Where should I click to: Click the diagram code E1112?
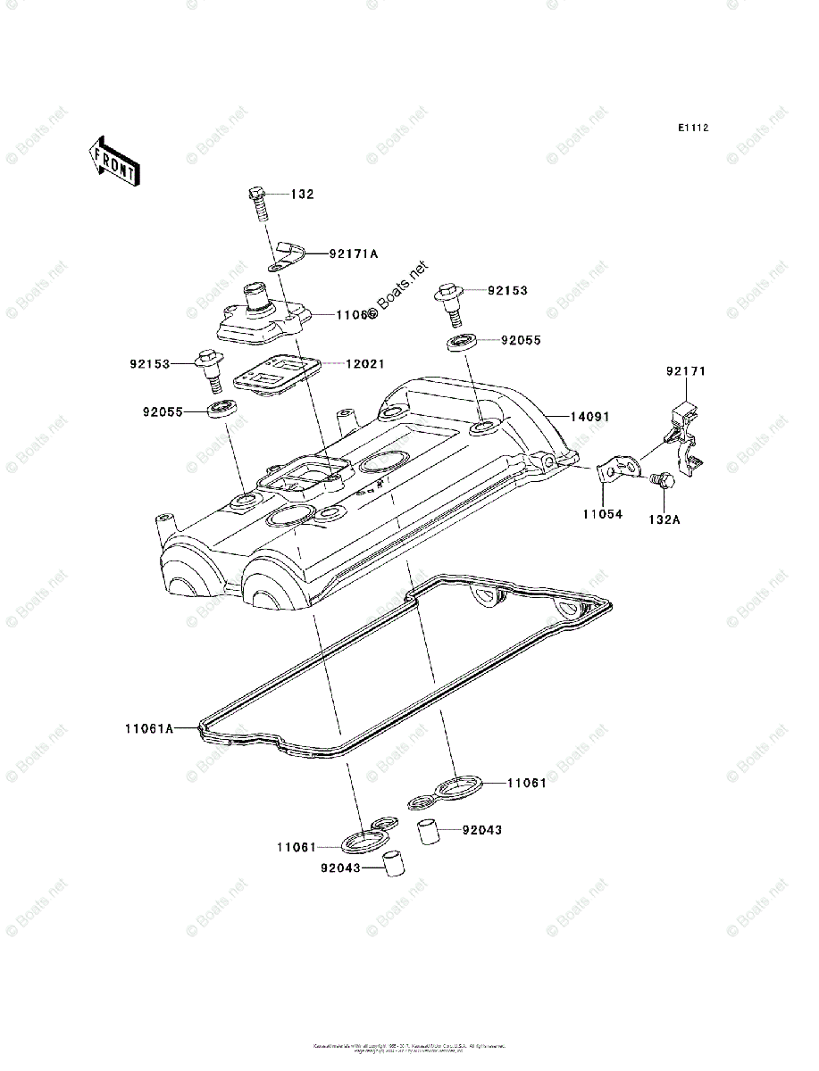[x=692, y=129]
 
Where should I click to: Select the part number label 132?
[x=303, y=194]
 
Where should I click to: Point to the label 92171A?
[x=353, y=253]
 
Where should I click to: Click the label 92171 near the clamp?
[x=685, y=370]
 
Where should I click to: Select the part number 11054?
[x=604, y=514]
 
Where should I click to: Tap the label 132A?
[x=664, y=519]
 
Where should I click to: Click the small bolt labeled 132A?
[x=662, y=479]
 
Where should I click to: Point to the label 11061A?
[x=148, y=728]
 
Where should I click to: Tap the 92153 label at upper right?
[x=507, y=291]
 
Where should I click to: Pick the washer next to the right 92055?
[x=462, y=342]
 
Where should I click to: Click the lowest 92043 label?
[x=342, y=866]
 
